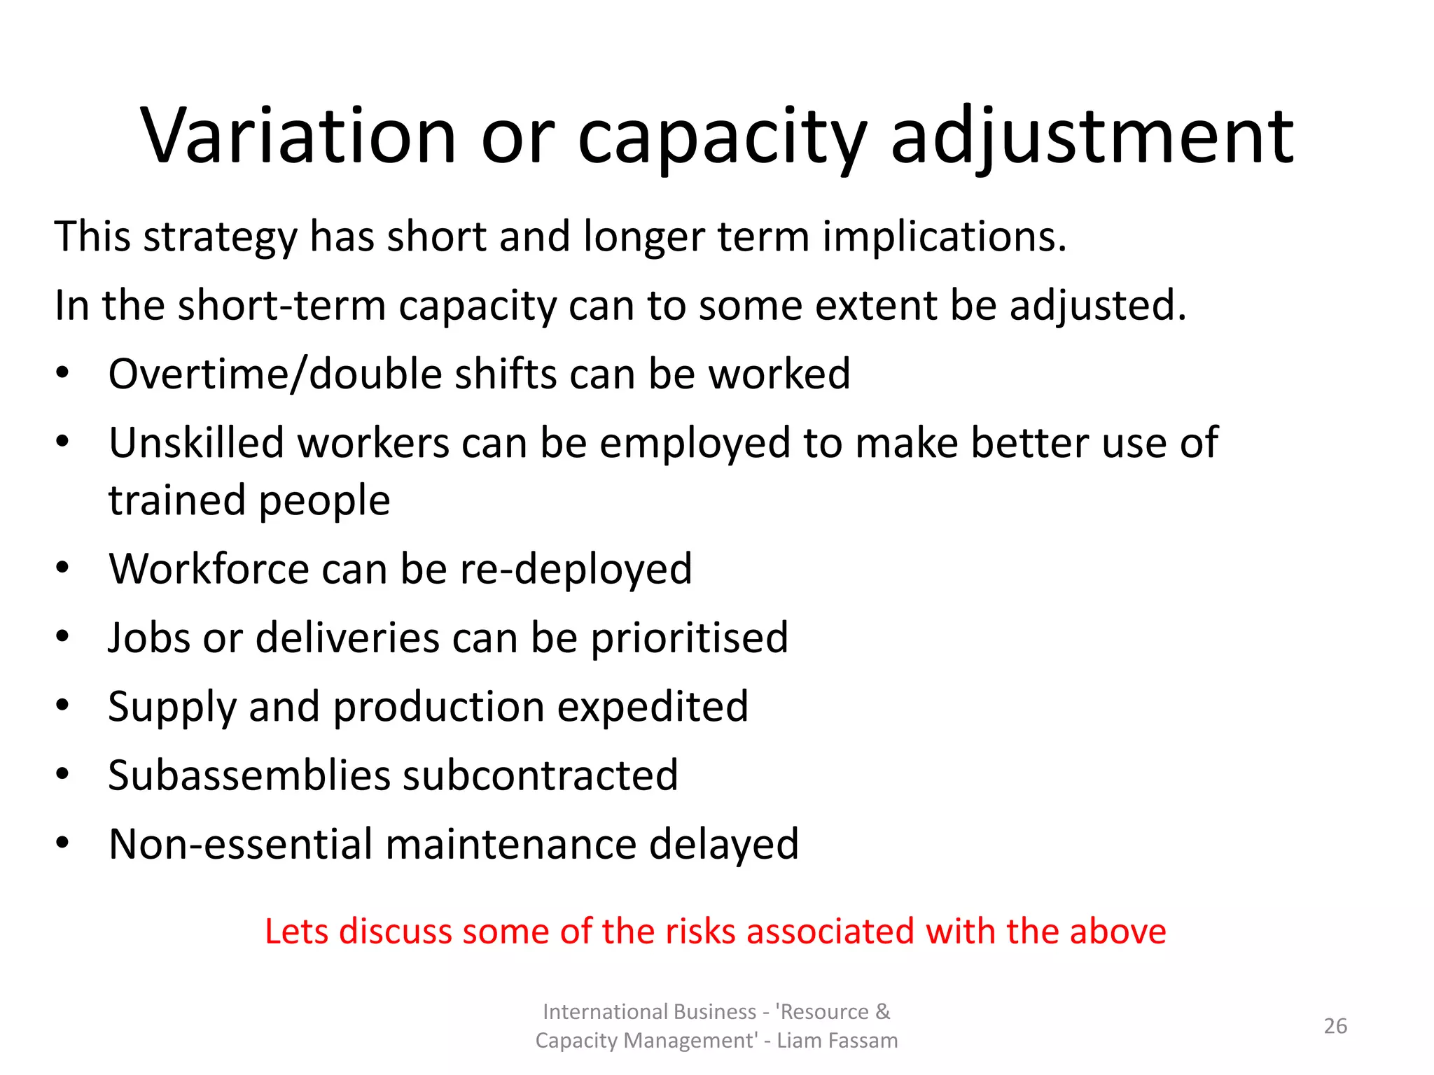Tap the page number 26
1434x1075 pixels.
tap(1335, 1026)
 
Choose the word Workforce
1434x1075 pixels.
tap(209, 568)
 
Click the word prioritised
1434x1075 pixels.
tap(689, 638)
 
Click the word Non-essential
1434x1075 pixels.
tap(240, 844)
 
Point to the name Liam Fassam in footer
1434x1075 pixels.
tap(837, 1041)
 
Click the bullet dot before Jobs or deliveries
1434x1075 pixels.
tap(63, 636)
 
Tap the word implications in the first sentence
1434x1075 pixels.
tap(944, 237)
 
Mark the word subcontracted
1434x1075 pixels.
tap(540, 775)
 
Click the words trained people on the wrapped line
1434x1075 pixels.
tap(249, 500)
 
